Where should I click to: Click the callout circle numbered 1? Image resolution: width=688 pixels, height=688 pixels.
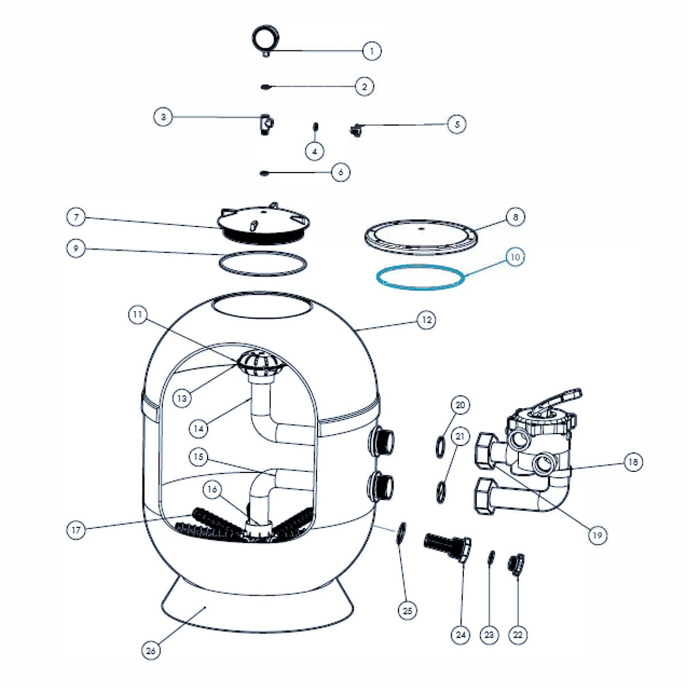[372, 51]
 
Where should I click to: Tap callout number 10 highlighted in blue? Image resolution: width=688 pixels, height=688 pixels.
[515, 257]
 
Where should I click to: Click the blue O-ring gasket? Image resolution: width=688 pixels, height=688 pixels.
[420, 277]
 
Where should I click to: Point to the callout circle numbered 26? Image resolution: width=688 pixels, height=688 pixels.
[151, 650]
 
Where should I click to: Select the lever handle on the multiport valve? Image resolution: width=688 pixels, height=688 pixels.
[559, 399]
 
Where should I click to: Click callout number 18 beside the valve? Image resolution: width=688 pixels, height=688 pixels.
[633, 462]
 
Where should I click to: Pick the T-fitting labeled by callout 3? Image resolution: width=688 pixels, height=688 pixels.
[266, 123]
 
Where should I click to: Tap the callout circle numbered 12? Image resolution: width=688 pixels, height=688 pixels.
[426, 320]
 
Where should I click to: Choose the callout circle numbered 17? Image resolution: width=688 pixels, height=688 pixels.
[76, 530]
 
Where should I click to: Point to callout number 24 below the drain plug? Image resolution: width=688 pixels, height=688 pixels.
[461, 634]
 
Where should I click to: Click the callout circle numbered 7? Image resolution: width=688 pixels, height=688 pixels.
[76, 217]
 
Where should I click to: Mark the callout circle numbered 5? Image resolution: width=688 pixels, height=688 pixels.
[456, 124]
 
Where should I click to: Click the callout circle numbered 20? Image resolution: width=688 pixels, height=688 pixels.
[460, 405]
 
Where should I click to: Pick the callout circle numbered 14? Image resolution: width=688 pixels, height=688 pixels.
[198, 428]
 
